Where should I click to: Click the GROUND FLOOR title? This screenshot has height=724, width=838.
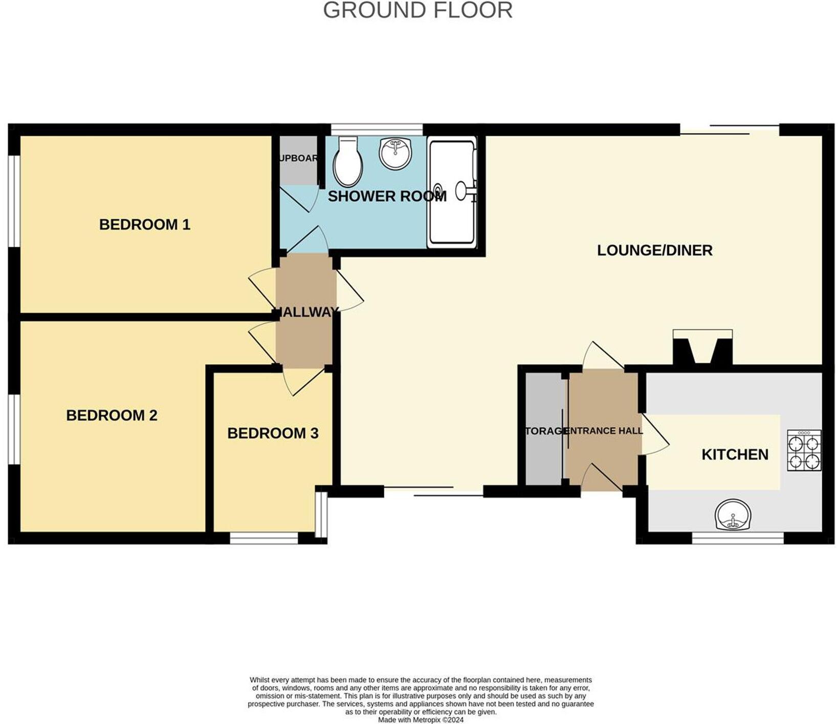click(x=417, y=10)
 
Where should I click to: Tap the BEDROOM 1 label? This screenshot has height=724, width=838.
click(x=144, y=225)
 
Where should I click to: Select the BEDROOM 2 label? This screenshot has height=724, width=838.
click(x=112, y=415)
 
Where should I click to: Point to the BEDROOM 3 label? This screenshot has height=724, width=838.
click(x=273, y=433)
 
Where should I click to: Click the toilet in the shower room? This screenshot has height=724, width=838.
click(x=347, y=162)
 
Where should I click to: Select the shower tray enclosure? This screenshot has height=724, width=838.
click(x=452, y=192)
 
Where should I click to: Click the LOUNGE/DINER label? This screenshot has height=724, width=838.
click(x=654, y=250)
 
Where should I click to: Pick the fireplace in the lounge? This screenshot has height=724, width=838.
click(x=702, y=348)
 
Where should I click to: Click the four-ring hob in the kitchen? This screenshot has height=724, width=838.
click(x=804, y=450)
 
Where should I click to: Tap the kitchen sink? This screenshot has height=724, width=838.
click(x=733, y=515)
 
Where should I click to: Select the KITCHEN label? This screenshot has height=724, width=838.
click(x=735, y=454)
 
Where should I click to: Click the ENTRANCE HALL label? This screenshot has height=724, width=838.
click(x=606, y=431)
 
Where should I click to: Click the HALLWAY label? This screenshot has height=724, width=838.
click(x=306, y=312)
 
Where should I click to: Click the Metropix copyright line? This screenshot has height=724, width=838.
click(x=421, y=719)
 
